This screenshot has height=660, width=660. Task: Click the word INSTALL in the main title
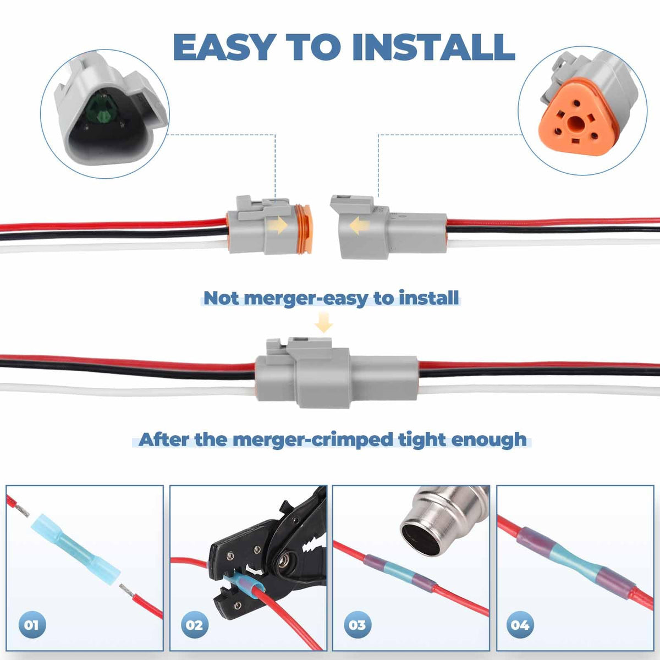(438, 47)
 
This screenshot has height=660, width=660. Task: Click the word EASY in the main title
(223, 47)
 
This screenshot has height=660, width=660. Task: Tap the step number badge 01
(32, 625)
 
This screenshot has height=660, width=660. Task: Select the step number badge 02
(195, 625)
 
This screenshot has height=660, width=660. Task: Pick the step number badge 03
(358, 625)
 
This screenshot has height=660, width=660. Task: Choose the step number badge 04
(521, 625)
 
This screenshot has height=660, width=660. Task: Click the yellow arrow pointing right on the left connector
(278, 225)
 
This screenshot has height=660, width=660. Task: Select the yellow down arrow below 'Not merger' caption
(323, 322)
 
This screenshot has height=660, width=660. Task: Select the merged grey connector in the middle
(337, 373)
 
